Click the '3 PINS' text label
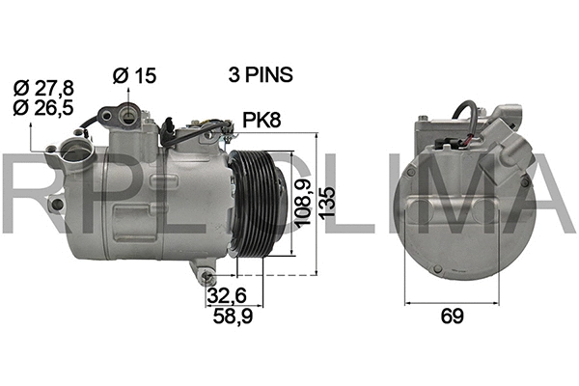tap(260, 74)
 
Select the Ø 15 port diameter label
tap(134, 74)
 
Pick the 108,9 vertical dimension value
tap(302, 205)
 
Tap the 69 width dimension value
tap(450, 316)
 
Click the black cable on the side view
tap(93, 121)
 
